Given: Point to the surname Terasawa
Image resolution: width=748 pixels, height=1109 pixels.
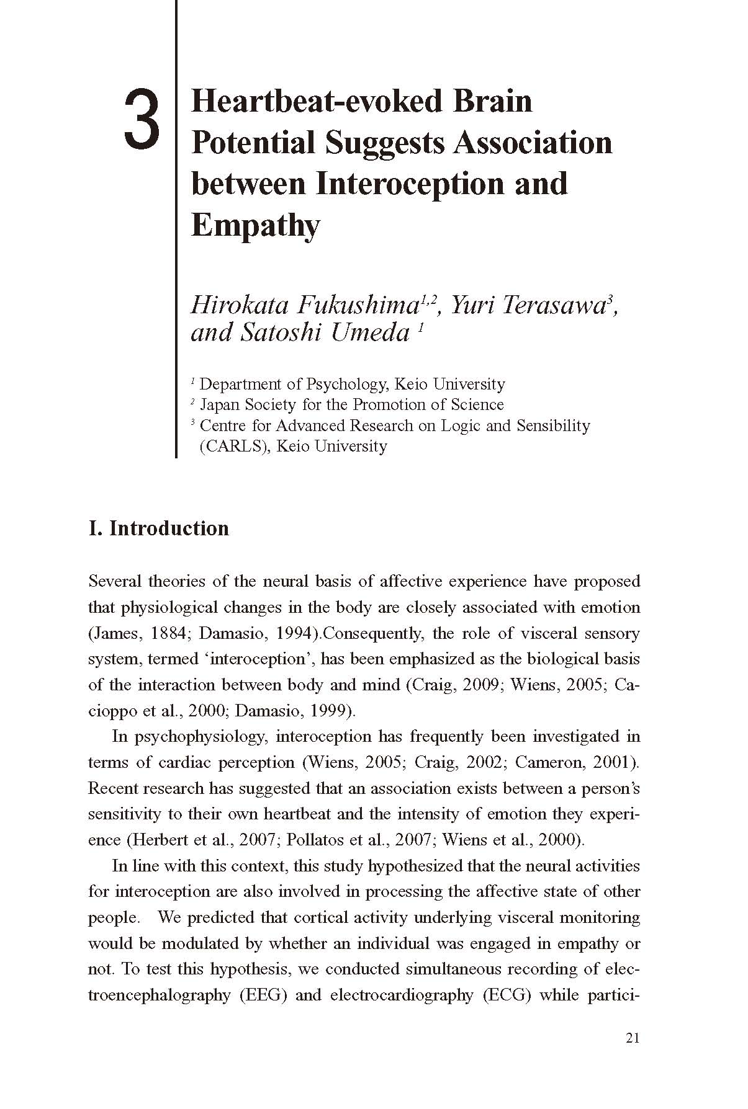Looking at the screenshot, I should coord(549,305).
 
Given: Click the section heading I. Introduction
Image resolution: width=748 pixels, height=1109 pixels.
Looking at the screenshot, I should coord(159,528).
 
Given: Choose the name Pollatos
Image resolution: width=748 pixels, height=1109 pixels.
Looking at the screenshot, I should coord(317,840).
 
